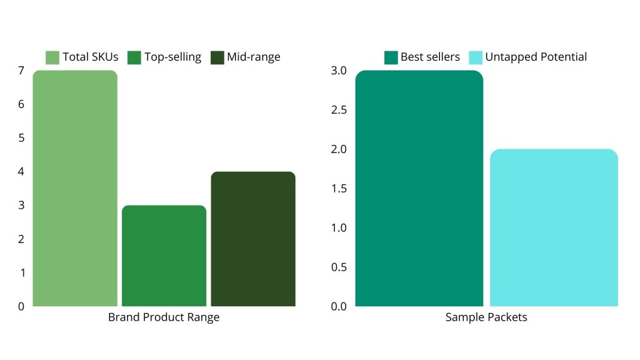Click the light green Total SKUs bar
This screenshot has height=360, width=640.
(74, 188)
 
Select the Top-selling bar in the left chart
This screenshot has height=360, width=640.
(164, 256)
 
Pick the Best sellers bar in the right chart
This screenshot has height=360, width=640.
(419, 188)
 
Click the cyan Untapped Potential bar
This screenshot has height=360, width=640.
(554, 227)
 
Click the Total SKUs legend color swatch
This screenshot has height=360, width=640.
(52, 57)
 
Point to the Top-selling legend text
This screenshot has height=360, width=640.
(173, 57)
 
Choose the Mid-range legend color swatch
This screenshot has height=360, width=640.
(217, 57)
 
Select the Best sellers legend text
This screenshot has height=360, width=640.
(430, 57)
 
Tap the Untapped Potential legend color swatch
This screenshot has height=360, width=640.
(476, 57)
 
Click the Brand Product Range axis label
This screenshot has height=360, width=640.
(164, 317)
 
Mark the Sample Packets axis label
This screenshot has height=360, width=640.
(486, 317)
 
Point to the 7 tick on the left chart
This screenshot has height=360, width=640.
(21, 71)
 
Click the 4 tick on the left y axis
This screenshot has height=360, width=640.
(21, 172)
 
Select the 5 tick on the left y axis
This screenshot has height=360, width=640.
(21, 138)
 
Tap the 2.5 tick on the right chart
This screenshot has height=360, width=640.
(338, 110)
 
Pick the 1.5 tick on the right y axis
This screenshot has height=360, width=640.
(338, 189)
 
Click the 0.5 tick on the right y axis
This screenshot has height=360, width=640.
(338, 267)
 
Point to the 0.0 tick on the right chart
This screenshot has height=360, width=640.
(338, 306)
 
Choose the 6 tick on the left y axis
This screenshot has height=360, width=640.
(21, 104)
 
